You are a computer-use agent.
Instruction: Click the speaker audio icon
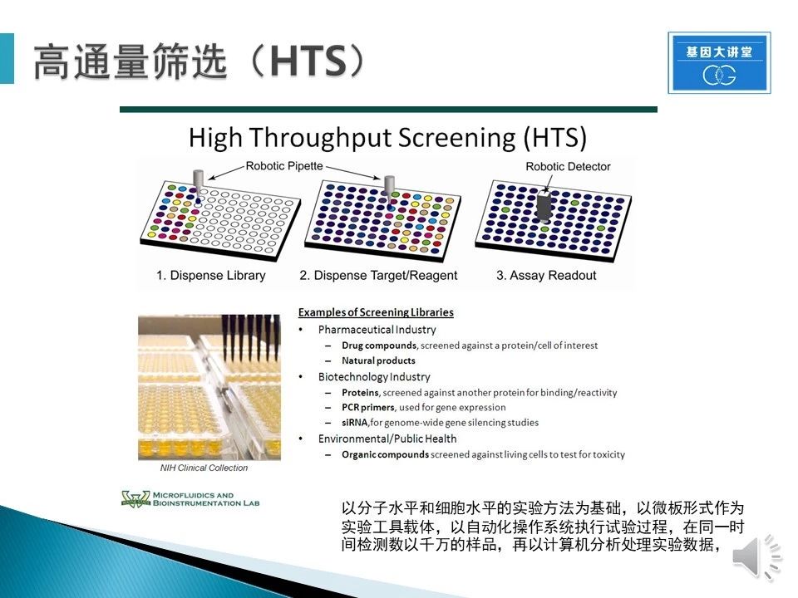coord(756,557)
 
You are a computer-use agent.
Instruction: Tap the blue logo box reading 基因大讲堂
coord(719,62)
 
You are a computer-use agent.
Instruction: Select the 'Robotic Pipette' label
coord(284,166)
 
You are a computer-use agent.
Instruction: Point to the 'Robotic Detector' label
coord(568,166)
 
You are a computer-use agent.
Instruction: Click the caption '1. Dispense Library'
coord(210,275)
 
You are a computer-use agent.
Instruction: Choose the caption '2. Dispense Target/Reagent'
coord(378,275)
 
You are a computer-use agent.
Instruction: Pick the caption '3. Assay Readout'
coord(546,275)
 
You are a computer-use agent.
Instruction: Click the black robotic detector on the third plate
coord(544,205)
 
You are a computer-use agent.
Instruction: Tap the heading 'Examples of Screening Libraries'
coord(376,312)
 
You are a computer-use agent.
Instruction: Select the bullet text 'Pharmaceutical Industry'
coord(377,330)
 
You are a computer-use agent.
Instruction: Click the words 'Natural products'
coord(378,360)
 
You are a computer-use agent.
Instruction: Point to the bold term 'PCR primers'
coord(368,407)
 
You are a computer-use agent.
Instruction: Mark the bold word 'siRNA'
coord(354,423)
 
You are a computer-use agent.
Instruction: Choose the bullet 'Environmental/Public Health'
coord(387,439)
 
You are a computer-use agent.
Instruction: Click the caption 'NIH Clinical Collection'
coord(204,468)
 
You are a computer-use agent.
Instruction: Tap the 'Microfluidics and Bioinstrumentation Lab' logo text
coord(205,499)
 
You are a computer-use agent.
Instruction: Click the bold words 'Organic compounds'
coord(385,454)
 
